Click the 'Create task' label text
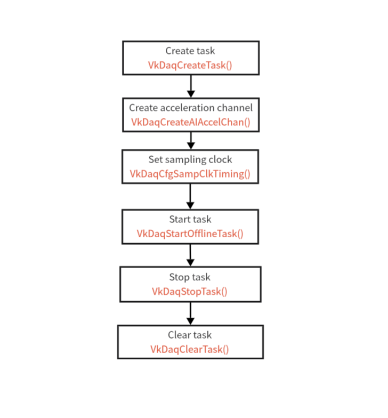click(x=190, y=51)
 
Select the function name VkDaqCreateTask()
click(x=190, y=65)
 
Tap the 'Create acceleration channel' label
click(x=191, y=108)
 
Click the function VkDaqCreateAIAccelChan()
click(x=191, y=122)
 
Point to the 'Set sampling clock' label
click(x=190, y=159)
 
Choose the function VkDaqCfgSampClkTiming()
click(x=190, y=174)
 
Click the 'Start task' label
click(x=190, y=219)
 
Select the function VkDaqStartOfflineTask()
click(x=190, y=234)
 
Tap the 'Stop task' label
click(x=190, y=277)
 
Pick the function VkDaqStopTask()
click(x=190, y=291)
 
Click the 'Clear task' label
click(x=190, y=335)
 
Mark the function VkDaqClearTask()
click(x=190, y=349)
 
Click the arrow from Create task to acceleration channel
click(x=191, y=86)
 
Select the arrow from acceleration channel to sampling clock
click(x=191, y=141)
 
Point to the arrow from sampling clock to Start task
click(x=190, y=196)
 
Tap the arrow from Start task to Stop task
click(x=190, y=255)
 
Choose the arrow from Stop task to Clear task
click(x=191, y=313)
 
